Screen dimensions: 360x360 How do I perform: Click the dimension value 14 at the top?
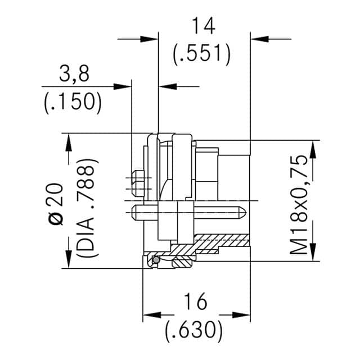[x=202, y=26]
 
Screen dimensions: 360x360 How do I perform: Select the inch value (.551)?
[x=202, y=54]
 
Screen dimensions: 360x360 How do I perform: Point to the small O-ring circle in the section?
[x=153, y=261]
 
